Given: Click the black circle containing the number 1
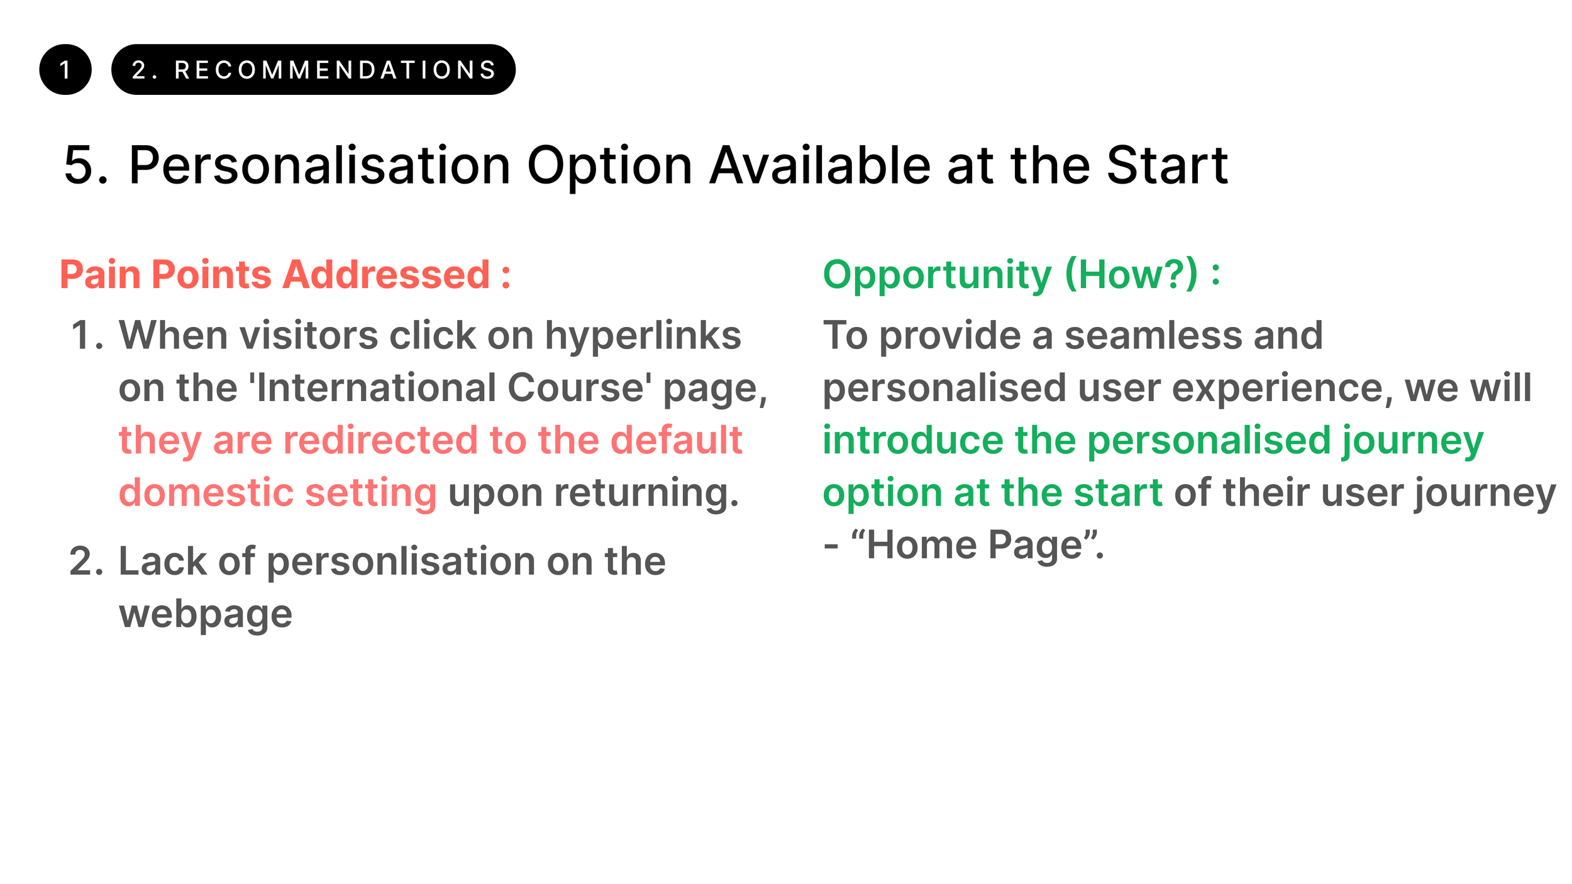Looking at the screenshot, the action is [65, 70].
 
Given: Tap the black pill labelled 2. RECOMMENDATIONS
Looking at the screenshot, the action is [313, 70].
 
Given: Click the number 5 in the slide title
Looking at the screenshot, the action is [79, 165].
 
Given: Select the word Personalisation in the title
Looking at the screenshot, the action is [319, 165].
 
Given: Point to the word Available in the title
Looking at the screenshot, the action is [820, 165].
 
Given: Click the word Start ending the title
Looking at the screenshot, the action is [1167, 165].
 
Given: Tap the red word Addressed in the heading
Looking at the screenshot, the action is [386, 275].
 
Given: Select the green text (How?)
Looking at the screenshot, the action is [1131, 275].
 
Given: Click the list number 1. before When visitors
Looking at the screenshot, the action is [87, 335].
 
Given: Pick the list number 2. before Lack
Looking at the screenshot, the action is [86, 561].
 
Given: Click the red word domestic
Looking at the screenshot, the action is [205, 492].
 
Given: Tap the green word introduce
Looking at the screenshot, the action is [913, 439].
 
